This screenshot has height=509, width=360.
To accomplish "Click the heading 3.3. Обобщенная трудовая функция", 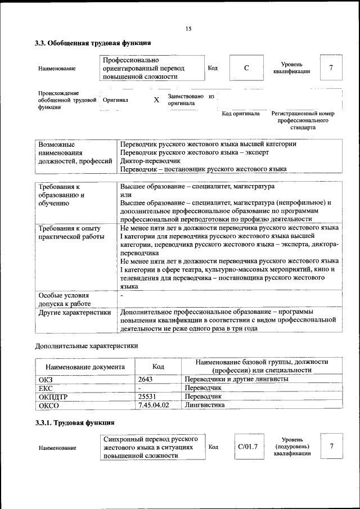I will pyautogui.click(x=93, y=43).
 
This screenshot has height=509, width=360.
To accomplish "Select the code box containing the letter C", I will pyautogui.click(x=246, y=69).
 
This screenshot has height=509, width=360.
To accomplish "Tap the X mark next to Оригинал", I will pyautogui.click(x=156, y=100).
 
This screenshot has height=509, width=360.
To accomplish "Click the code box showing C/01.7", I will pyautogui.click(x=247, y=447).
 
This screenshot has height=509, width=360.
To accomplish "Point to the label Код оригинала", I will pyautogui.click(x=241, y=114).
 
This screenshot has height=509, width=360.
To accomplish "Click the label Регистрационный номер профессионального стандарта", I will pyautogui.click(x=307, y=120).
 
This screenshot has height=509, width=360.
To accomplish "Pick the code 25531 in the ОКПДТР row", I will pyautogui.click(x=147, y=396).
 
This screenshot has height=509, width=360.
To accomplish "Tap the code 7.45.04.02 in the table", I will pyautogui.click(x=154, y=404).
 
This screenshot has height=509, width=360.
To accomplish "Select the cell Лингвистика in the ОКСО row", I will pyautogui.click(x=205, y=404).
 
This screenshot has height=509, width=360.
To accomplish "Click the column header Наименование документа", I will pyautogui.click(x=85, y=367).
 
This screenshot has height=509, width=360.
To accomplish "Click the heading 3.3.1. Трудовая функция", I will pyautogui.click(x=75, y=422).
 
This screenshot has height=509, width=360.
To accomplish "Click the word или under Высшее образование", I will pyautogui.click(x=126, y=195).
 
